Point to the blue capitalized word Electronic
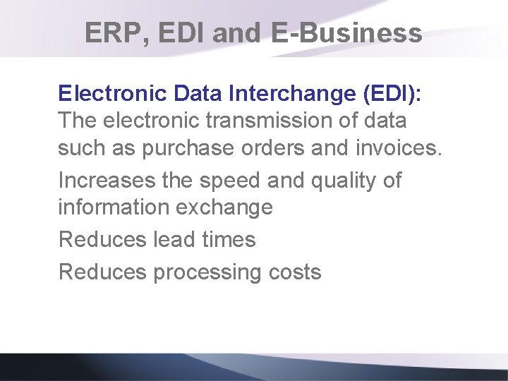107,93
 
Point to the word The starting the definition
78,121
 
